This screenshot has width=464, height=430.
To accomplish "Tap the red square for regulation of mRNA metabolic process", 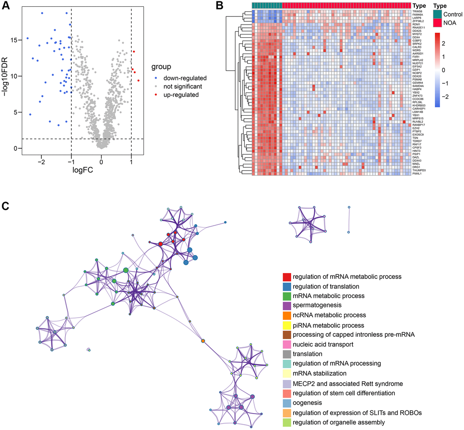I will pos(287,277).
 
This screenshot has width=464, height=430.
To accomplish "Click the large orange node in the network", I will pos(202,340).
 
